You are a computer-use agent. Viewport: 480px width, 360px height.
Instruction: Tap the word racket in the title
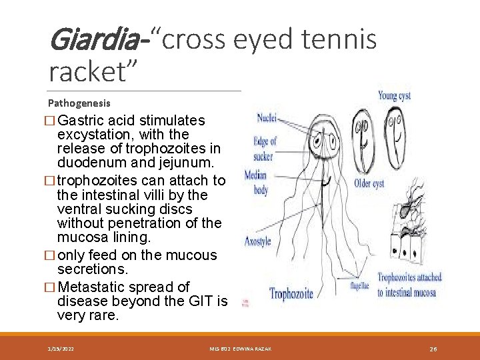(90, 71)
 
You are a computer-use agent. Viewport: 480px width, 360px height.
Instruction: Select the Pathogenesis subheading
(79, 103)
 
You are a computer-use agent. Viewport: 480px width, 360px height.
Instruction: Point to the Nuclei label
(267, 119)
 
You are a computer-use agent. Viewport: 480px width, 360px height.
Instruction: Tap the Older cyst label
(369, 183)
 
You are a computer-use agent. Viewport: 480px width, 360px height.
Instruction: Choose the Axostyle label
(258, 241)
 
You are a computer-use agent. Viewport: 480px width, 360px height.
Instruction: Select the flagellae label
(360, 285)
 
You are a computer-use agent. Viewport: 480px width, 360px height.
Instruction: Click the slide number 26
(433, 349)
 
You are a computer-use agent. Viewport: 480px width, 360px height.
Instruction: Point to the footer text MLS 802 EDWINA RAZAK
(239, 349)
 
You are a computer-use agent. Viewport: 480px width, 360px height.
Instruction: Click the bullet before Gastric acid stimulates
(53, 121)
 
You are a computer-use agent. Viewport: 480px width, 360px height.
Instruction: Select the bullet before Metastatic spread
(53, 287)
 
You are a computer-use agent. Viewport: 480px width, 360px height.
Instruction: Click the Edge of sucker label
(264, 149)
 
